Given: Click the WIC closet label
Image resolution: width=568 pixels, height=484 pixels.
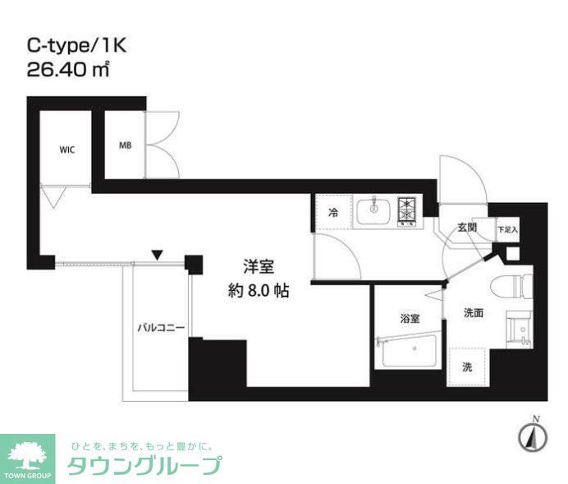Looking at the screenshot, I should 67,150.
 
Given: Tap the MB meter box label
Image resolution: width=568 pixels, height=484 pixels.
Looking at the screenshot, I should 125,146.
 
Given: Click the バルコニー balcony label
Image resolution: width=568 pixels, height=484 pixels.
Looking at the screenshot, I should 161,328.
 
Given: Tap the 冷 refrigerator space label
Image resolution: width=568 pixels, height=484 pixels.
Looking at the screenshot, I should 333,212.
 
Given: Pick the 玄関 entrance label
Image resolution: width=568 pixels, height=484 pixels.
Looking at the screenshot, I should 468,228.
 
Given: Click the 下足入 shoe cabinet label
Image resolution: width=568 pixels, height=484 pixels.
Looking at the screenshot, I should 508,230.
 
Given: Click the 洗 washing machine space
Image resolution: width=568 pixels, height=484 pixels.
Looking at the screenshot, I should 466,366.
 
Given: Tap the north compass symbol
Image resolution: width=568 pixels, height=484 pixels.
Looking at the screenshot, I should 534,436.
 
